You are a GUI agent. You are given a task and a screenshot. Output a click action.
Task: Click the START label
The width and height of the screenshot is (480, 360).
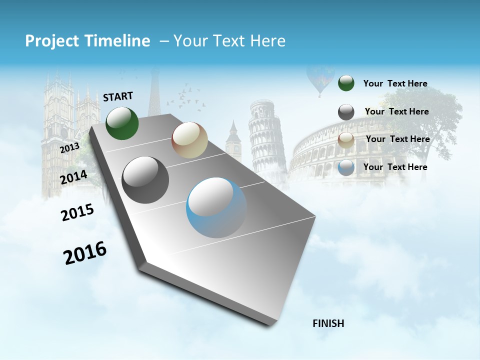[118, 96]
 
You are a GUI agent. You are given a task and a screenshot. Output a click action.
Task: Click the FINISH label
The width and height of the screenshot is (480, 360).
[328, 323]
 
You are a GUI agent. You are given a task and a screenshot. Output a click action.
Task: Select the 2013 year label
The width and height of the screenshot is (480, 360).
[69, 147]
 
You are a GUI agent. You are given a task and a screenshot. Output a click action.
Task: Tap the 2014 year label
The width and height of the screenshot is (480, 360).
[73, 177]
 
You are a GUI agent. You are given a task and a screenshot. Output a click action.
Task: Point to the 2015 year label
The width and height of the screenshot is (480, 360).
[77, 212]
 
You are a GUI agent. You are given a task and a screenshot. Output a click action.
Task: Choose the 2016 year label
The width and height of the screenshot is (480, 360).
[85, 252]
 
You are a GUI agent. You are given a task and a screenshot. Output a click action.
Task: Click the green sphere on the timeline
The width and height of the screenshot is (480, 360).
[122, 123]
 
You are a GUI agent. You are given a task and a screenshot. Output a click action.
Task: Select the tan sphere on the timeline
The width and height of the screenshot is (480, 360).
[189, 140]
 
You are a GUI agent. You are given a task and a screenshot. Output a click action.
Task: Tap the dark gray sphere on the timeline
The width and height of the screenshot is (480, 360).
[145, 180]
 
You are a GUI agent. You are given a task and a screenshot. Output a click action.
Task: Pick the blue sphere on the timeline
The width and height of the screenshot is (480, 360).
[216, 207]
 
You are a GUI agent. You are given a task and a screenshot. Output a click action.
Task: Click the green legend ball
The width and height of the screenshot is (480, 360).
[346, 83]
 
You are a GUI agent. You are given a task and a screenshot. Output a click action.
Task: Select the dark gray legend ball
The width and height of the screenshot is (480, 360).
[346, 112]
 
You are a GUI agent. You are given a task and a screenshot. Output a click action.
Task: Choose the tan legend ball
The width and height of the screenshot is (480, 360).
[346, 140]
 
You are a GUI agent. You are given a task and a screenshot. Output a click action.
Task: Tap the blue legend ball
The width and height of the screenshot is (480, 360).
[346, 167]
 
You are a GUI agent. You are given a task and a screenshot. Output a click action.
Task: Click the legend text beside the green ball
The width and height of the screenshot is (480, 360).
[395, 83]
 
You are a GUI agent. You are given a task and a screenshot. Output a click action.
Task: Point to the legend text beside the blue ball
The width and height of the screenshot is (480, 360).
[395, 167]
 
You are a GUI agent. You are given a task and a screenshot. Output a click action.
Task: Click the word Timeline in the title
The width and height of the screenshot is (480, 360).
[120, 41]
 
